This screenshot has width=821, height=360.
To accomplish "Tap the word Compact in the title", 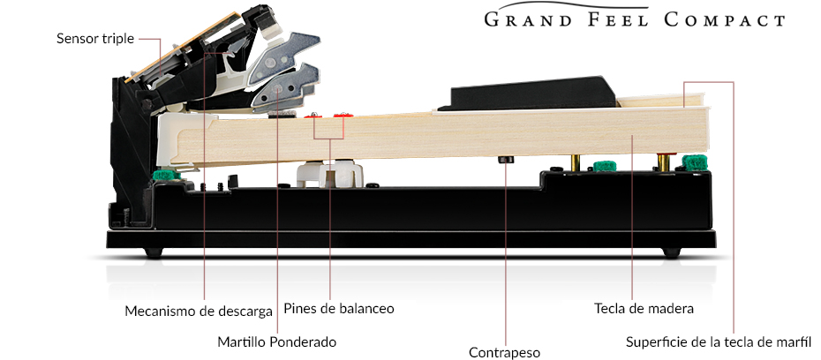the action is pyautogui.click(x=725, y=20).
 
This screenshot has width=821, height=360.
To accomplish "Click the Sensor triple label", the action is pyautogui.click(x=95, y=39).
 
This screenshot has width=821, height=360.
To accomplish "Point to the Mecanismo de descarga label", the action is pyautogui.click(x=199, y=311).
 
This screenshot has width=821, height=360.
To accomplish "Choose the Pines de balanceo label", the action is pyautogui.click(x=339, y=308).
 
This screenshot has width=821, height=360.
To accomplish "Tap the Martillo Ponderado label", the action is pyautogui.click(x=277, y=342).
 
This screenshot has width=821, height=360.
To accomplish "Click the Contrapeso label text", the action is pyautogui.click(x=504, y=353).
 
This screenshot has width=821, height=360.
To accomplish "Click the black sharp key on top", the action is pyautogui.click(x=527, y=94).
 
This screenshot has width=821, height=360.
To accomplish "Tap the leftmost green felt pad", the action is pyautogui.click(x=167, y=175).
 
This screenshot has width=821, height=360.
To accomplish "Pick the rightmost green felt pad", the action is pyautogui.click(x=694, y=162).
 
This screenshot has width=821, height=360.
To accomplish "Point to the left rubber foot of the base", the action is pyautogui.click(x=154, y=252).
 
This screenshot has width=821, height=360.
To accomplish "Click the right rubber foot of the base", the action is pyautogui.click(x=672, y=252).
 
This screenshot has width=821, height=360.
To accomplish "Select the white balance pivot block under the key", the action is pyautogui.click(x=330, y=173).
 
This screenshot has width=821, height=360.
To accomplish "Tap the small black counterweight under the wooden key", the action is pyautogui.click(x=506, y=160).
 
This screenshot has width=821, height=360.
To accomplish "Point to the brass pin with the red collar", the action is pyautogui.click(x=664, y=161).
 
